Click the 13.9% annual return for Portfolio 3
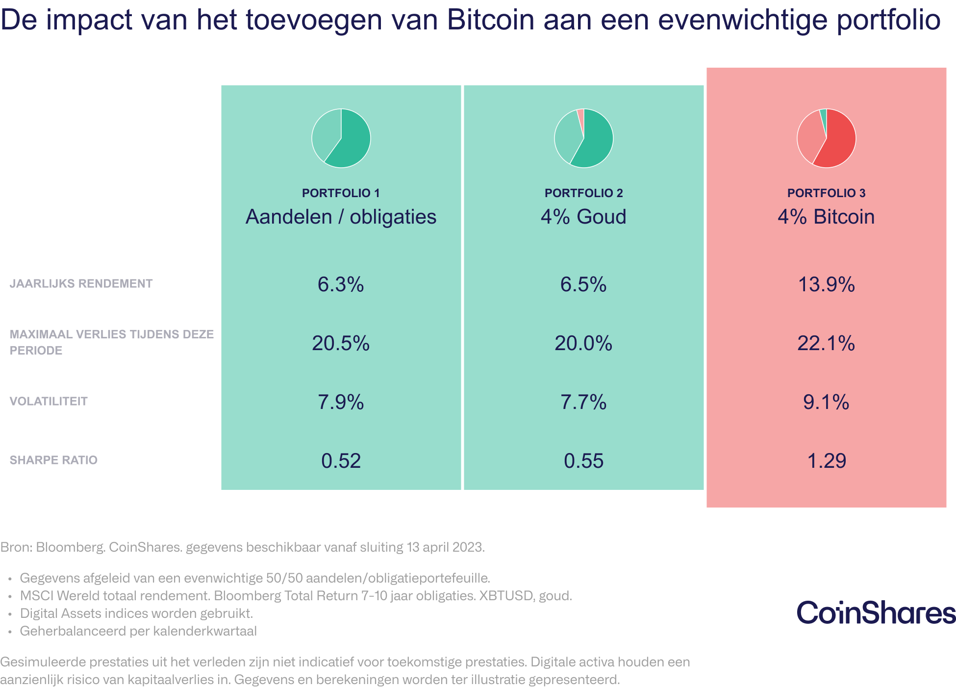(826, 284)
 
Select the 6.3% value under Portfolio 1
(341, 284)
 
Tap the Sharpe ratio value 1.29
(826, 461)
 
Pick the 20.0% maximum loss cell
(583, 343)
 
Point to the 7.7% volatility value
(583, 402)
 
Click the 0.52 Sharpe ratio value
(341, 461)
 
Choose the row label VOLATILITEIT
(49, 401)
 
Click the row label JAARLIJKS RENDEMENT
(81, 283)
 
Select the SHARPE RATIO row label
(53, 460)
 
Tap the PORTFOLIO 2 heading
(583, 193)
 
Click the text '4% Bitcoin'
(826, 217)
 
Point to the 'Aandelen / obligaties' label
(341, 217)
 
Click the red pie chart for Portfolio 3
(826, 138)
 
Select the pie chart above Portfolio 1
(341, 138)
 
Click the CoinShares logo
(876, 613)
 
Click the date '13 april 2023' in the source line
(445, 547)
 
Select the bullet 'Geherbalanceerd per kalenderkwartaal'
(138, 631)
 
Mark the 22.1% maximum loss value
(826, 343)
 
